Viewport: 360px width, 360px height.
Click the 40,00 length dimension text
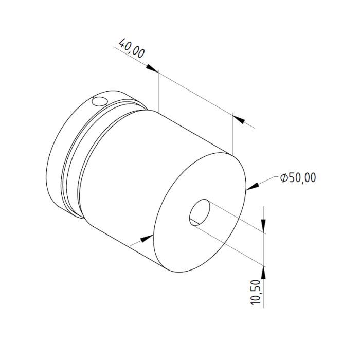[132, 48]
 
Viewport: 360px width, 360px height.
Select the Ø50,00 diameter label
[298, 177]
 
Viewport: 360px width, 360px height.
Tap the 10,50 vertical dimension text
[256, 292]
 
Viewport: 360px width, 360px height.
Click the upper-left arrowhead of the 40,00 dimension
[152, 68]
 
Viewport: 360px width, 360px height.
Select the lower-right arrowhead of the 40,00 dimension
[239, 119]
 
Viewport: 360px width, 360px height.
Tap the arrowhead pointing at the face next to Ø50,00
[252, 186]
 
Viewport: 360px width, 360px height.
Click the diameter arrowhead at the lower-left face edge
[147, 238]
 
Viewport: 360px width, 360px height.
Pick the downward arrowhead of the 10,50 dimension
[263, 226]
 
